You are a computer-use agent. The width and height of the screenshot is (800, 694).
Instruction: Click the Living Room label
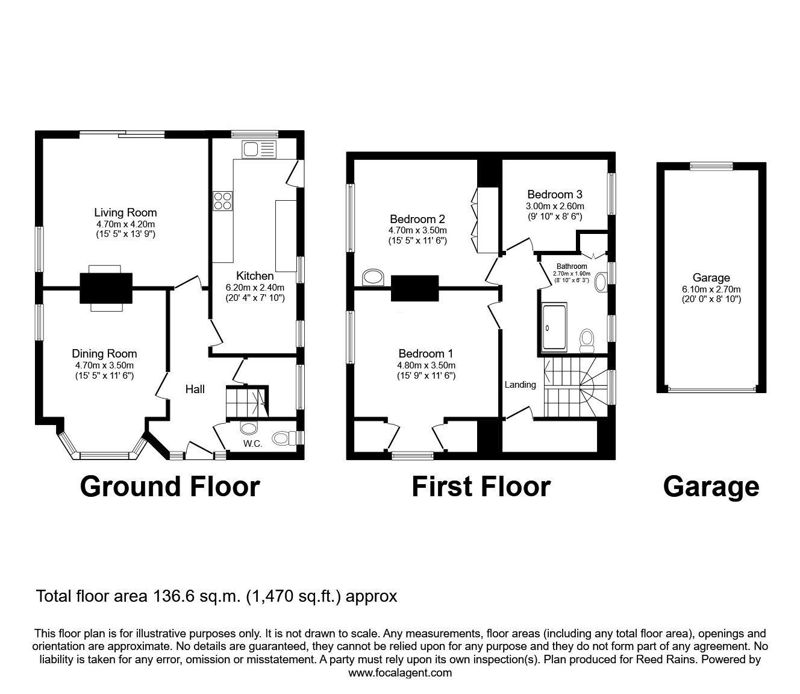125,212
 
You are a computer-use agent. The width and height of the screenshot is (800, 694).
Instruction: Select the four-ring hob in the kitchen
222,201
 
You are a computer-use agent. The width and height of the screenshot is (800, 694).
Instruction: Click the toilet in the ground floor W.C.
282,437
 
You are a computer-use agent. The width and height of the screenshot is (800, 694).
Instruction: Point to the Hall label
195,390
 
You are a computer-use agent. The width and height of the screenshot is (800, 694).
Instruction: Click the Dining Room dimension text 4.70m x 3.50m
104,365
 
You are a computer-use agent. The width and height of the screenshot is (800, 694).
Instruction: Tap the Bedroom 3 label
554,195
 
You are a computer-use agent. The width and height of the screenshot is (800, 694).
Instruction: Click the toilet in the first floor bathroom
587,341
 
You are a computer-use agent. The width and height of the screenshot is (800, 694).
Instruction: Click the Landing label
520,385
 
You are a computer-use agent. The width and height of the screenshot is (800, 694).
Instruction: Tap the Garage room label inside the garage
711,278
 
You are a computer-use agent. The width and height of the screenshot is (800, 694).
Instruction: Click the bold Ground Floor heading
169,487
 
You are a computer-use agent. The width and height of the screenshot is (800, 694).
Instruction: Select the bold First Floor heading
481,487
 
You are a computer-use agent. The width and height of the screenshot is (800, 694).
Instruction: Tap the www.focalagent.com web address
400,673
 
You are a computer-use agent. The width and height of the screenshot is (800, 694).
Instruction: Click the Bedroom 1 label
426,354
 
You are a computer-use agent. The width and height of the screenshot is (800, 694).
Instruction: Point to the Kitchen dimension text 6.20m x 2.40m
255,287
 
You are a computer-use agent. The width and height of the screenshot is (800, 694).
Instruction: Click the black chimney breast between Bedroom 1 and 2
414,288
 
